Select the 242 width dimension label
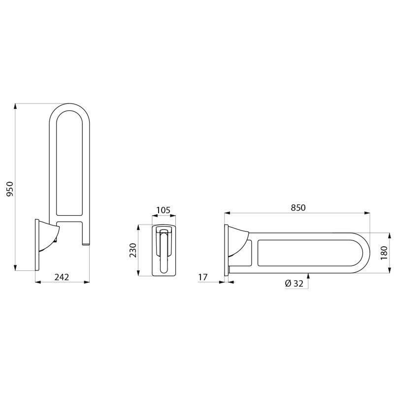(61, 277)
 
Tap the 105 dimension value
(163, 211)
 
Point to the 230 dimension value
(132, 250)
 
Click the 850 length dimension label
(298, 208)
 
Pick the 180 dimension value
(384, 252)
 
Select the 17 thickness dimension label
(202, 277)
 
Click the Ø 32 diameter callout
(294, 283)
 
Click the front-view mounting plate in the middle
(163, 250)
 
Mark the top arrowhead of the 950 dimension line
(16, 106)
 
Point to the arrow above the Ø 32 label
(308, 275)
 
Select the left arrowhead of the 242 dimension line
(38, 282)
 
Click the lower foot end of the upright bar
(85, 243)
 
